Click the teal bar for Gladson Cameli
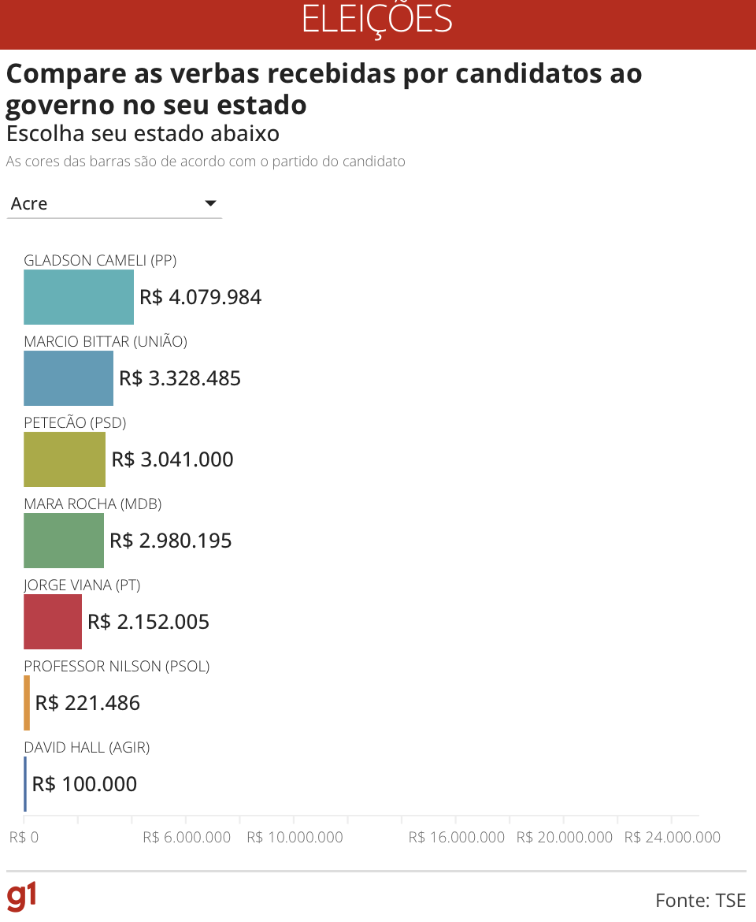[79, 297]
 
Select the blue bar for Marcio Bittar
[69, 378]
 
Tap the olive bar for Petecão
[65, 459]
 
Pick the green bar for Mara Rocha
[64, 541]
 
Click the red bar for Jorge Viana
[53, 622]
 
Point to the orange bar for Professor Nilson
[27, 703]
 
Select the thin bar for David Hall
[25, 784]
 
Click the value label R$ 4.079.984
[200, 297]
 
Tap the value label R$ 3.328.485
[180, 378]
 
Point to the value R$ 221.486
[87, 703]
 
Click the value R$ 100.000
[84, 784]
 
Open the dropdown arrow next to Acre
[210, 203]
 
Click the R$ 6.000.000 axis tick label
[187, 837]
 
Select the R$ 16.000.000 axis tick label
[457, 837]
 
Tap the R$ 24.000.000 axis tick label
[672, 837]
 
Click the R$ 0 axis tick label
[24, 837]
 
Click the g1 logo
[22, 897]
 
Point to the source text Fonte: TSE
[700, 900]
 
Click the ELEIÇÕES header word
[377, 20]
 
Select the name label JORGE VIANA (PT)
[82, 585]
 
